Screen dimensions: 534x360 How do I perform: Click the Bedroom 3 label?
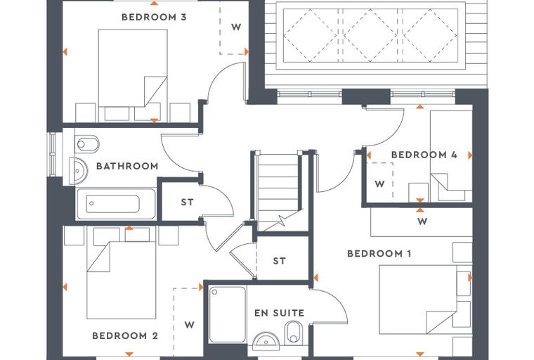click(x=154, y=17)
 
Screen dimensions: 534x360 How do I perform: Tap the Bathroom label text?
click(x=127, y=166)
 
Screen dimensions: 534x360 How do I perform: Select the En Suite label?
click(x=279, y=313)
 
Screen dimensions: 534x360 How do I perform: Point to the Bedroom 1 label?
click(x=379, y=254)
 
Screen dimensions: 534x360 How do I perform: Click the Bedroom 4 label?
click(x=424, y=155)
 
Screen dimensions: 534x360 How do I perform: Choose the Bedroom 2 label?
click(x=125, y=336)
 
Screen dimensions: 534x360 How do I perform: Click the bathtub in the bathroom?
click(x=116, y=204)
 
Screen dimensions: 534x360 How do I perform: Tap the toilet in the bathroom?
click(x=86, y=144)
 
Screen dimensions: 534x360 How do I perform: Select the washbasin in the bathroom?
click(x=79, y=171)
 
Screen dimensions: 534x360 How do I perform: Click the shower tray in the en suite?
click(x=227, y=315)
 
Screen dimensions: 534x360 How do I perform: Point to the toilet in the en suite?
click(x=294, y=333)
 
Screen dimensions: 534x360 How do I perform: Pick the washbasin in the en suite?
click(x=266, y=341)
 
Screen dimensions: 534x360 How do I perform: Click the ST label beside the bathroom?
click(x=188, y=202)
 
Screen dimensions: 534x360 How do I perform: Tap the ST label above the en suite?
click(x=279, y=261)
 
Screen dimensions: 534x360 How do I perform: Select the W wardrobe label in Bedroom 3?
click(x=236, y=27)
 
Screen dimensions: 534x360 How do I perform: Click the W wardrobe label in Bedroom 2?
click(x=190, y=325)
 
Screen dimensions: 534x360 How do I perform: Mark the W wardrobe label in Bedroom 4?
click(x=379, y=184)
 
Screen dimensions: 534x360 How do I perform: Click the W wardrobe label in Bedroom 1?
click(x=422, y=221)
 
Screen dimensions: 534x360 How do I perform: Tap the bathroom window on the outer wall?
click(x=52, y=154)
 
